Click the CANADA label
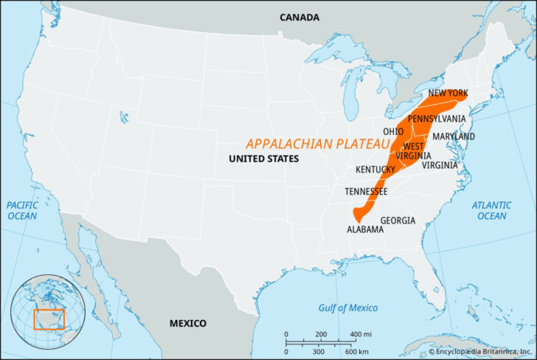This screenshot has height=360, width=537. [299, 17]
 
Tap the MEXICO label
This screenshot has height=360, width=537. [188, 323]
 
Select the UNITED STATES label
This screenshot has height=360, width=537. [263, 159]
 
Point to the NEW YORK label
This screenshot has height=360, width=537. [449, 93]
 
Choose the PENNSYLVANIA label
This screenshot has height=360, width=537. [437, 118]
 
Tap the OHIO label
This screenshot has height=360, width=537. [393, 131]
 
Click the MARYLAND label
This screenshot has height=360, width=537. [454, 136]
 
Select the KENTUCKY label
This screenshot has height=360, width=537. [375, 169]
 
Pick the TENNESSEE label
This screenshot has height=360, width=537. [366, 191]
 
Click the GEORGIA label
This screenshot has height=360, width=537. [398, 221]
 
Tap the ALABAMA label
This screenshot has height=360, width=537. [365, 229]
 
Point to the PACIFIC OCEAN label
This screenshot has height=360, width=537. [22, 210]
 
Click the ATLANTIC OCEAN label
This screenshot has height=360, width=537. [491, 210]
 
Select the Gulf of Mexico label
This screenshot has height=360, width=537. [347, 308]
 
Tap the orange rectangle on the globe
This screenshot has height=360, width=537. [49, 319]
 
